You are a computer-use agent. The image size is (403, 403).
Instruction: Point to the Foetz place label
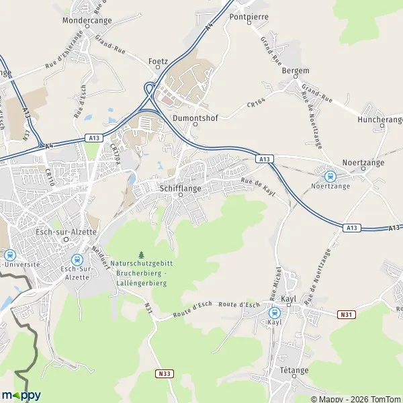pyautogui.click(x=157, y=60)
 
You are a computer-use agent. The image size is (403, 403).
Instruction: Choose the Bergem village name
pyautogui.click(x=296, y=71)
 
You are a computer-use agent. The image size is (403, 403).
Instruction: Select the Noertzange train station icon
pyautogui.click(x=330, y=176)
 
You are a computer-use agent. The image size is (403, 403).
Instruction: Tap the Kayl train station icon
pyautogui.click(x=274, y=312)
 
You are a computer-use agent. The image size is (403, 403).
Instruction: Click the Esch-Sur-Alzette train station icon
pyautogui.click(x=77, y=259)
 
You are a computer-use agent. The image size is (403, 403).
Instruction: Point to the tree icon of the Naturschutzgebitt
pyautogui.click(x=141, y=255)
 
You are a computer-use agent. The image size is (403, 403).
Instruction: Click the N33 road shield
pyautogui.click(x=164, y=373)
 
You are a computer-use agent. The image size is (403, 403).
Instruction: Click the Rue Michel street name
pyautogui.click(x=274, y=283)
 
